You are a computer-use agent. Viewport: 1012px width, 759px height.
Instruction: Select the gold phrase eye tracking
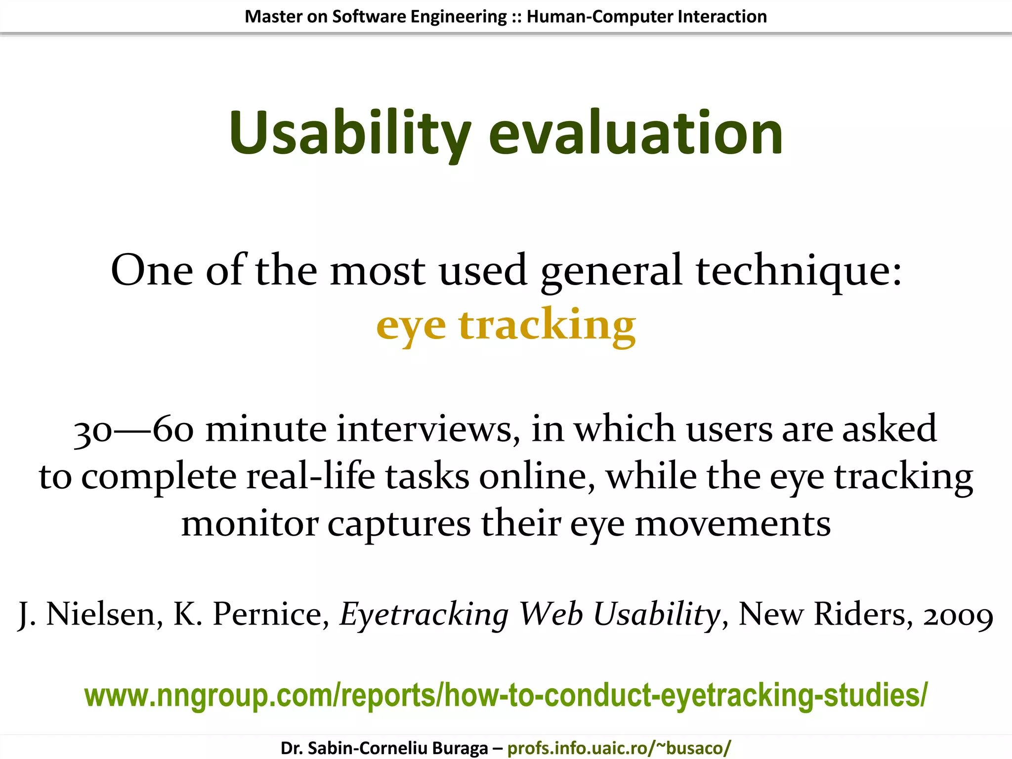point(506,325)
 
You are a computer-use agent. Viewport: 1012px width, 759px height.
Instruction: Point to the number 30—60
point(133,429)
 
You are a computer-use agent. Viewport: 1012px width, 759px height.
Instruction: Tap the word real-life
point(311,476)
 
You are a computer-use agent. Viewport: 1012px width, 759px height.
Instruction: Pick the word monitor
point(249,524)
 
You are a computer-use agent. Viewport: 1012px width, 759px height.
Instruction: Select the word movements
point(732,524)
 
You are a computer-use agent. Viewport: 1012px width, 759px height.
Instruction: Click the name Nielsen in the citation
point(104,614)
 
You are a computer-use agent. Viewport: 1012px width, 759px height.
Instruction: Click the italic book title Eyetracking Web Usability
point(530,614)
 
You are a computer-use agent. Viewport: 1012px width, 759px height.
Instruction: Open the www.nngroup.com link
point(506,695)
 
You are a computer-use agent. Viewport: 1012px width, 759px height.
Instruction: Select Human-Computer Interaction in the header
point(646,17)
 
